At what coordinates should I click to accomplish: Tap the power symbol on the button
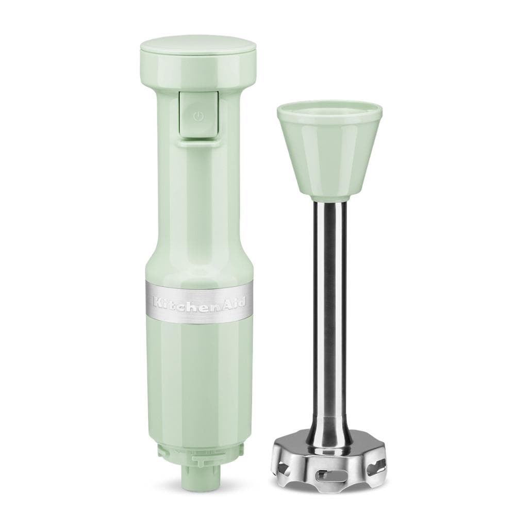coord(197,117)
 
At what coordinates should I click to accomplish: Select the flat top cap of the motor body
coord(198,52)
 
